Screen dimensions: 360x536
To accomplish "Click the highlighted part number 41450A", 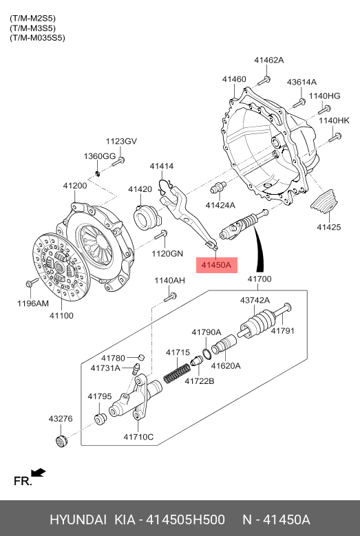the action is [216, 265].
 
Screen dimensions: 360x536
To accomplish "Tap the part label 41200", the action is [75, 186].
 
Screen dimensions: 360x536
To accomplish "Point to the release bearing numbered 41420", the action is [146, 217].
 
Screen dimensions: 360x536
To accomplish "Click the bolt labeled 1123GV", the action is [118, 161].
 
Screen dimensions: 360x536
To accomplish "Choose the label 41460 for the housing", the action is [234, 79].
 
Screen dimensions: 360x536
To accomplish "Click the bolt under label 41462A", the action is [264, 81].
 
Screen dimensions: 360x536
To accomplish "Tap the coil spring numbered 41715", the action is [177, 373].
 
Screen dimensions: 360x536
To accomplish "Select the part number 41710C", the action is [138, 437].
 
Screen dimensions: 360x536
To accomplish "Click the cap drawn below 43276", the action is [61, 441].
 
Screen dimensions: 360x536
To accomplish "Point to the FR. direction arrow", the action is [38, 473].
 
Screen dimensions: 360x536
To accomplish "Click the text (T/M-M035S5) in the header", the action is [37, 38].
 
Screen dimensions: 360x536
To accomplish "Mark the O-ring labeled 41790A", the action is [206, 354].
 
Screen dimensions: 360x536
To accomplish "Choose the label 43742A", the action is [255, 300].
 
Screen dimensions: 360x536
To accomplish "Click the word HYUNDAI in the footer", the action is [78, 519].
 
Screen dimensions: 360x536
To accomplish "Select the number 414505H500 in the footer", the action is [185, 519].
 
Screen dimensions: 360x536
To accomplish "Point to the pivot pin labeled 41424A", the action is [218, 188].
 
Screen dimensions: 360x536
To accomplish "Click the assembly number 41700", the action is [260, 279].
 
